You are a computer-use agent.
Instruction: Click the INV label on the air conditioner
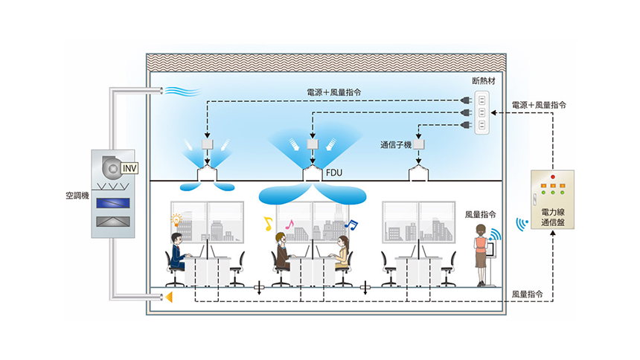click(129, 167)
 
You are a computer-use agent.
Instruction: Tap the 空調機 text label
click(77, 199)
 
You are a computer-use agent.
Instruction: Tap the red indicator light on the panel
click(551, 176)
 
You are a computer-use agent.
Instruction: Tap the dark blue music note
click(353, 223)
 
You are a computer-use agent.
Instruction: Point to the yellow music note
click(267, 223)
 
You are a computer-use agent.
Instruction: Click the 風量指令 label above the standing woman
click(480, 213)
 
